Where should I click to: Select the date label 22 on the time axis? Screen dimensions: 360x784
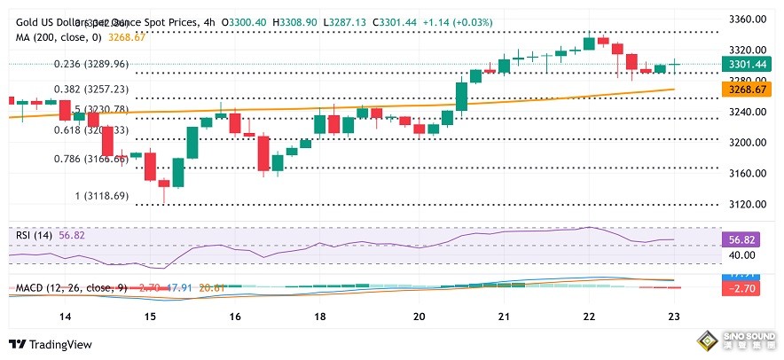point(590,317)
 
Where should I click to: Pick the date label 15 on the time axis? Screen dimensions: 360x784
point(149,317)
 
